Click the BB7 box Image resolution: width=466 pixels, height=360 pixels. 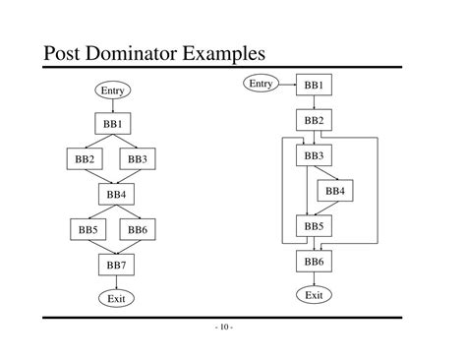[116, 265]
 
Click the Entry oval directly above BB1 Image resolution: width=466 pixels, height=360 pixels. [114, 90]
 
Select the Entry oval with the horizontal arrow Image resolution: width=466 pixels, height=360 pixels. [261, 85]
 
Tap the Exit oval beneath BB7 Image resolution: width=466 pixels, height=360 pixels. [116, 298]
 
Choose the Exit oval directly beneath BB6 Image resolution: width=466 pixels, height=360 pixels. [314, 295]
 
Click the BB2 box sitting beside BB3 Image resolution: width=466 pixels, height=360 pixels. [84, 158]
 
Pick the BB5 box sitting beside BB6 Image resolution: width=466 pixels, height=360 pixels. [87, 229]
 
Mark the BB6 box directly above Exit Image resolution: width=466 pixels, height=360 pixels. [314, 262]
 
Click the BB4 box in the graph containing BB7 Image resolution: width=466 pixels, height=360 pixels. [116, 194]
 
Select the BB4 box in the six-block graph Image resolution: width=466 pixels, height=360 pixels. [334, 191]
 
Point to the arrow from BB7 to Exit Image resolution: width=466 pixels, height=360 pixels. [116, 281]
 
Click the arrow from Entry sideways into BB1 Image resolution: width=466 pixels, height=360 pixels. [286, 86]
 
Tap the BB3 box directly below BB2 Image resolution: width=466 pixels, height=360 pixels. [314, 155]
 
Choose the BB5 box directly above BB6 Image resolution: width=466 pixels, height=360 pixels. [314, 226]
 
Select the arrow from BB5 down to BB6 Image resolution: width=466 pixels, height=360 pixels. [314, 244]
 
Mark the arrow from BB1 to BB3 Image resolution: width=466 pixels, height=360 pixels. [129, 141]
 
